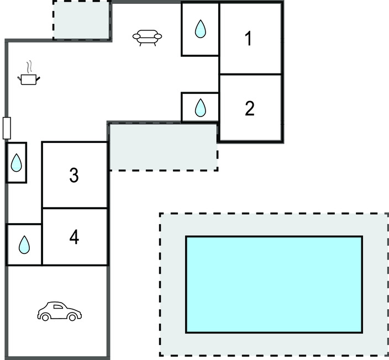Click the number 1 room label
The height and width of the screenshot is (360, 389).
pyautogui.click(x=249, y=39)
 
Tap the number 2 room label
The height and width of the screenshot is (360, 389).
pyautogui.click(x=250, y=109)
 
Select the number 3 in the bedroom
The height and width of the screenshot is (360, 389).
pyautogui.click(x=74, y=175)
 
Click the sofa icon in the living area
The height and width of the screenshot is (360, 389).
pyautogui.click(x=148, y=37)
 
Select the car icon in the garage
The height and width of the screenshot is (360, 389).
pyautogui.click(x=60, y=311)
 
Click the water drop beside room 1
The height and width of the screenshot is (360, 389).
pyautogui.click(x=200, y=29)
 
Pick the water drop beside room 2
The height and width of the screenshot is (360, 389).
pyautogui.click(x=201, y=107)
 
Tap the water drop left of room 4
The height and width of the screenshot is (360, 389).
pyautogui.click(x=24, y=245)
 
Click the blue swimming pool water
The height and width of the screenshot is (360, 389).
pyautogui.click(x=274, y=284)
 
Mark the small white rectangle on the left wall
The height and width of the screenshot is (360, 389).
pyautogui.click(x=7, y=128)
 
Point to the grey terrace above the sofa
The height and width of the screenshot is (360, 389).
pyautogui.click(x=82, y=20)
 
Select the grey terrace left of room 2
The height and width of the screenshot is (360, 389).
pyautogui.click(x=162, y=146)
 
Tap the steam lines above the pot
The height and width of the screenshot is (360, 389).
pyautogui.click(x=26, y=67)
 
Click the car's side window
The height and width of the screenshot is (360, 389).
pyautogui.click(x=58, y=306)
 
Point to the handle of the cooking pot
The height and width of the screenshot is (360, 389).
pyautogui.click(x=38, y=78)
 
